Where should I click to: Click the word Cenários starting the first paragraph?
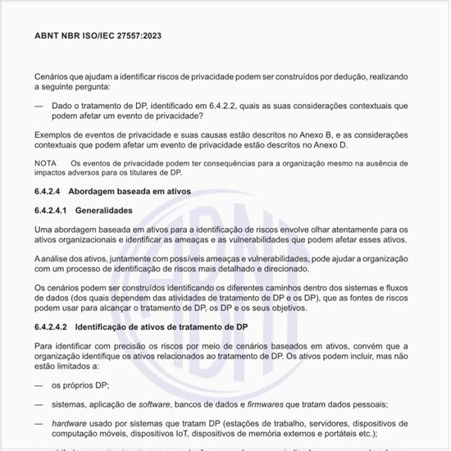[x=53, y=75]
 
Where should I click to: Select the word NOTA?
[x=46, y=163]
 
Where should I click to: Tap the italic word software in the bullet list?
[x=156, y=404]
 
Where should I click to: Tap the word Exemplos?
[x=54, y=134]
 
